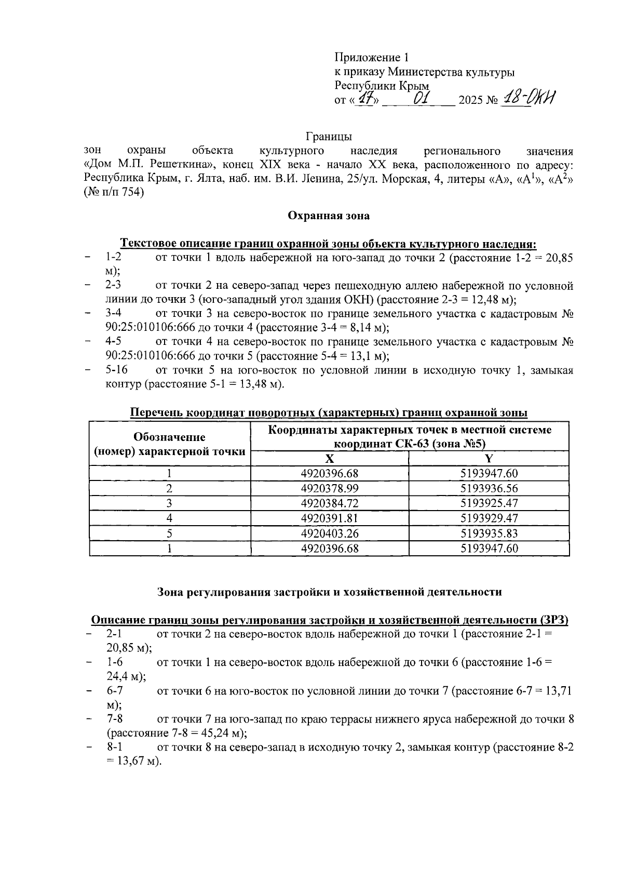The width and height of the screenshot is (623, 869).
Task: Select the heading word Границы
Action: pyautogui.click(x=328, y=137)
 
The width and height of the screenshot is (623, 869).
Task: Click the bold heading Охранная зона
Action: pyautogui.click(x=329, y=216)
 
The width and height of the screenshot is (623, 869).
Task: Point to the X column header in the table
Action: pyautogui.click(x=330, y=459)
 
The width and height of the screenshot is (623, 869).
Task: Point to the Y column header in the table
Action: pyautogui.click(x=489, y=459)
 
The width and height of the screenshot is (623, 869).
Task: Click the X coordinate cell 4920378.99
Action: pyautogui.click(x=330, y=488)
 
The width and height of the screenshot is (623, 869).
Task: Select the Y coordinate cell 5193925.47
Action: pyautogui.click(x=489, y=503)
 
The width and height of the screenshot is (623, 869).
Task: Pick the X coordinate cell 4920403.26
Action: pyautogui.click(x=330, y=533)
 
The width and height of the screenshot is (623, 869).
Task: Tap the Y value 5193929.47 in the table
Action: pyautogui.click(x=489, y=518)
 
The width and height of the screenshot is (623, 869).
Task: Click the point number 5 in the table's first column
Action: pyautogui.click(x=169, y=533)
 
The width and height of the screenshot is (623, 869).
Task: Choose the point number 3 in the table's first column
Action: pyautogui.click(x=169, y=503)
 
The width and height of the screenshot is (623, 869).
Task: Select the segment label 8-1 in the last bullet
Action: pyautogui.click(x=115, y=747)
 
